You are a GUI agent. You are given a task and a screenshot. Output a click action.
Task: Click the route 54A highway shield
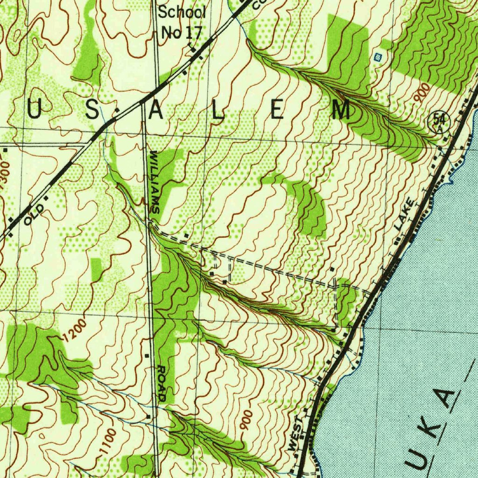(x=439, y=122)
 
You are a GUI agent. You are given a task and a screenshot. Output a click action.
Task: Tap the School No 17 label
(x=181, y=22)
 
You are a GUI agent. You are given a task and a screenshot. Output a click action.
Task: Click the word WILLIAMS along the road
(x=154, y=182)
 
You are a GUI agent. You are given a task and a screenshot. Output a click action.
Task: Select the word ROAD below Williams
(x=162, y=383)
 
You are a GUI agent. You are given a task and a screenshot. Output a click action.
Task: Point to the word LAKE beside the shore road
(x=404, y=214)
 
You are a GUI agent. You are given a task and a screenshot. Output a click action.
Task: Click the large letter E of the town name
(x=276, y=111)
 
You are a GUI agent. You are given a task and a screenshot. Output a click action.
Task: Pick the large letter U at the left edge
(x=34, y=110)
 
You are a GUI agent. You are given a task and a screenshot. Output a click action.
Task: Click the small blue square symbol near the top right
(x=378, y=57)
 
